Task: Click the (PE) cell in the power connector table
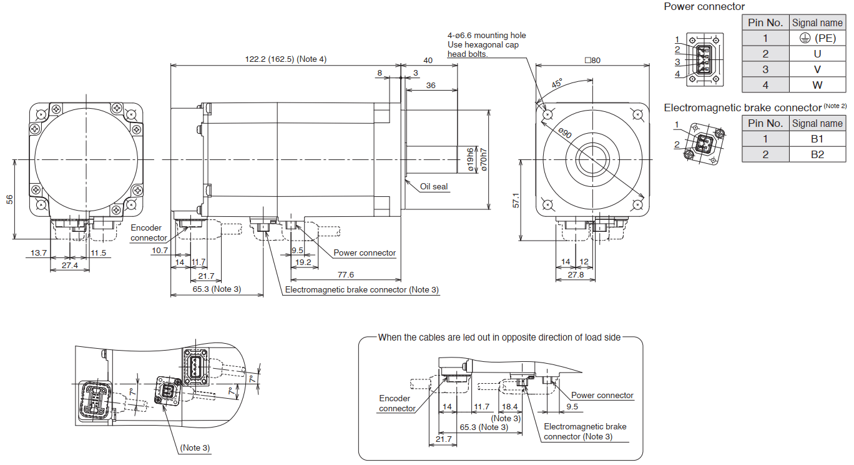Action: click(x=817, y=38)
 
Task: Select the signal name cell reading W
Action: click(x=817, y=84)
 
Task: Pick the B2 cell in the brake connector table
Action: click(x=817, y=154)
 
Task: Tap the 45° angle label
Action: click(x=556, y=83)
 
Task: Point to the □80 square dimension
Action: click(x=592, y=61)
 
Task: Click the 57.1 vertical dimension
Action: click(x=516, y=201)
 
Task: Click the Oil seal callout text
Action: click(x=434, y=186)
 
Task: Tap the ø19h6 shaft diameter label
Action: click(x=469, y=159)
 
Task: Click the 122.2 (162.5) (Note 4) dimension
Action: click(x=285, y=59)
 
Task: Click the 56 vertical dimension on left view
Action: click(x=9, y=199)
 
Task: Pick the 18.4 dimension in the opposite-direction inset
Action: click(x=509, y=407)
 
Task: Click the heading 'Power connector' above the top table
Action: click(x=704, y=6)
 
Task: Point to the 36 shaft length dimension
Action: click(x=431, y=85)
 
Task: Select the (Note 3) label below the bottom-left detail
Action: click(x=195, y=447)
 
